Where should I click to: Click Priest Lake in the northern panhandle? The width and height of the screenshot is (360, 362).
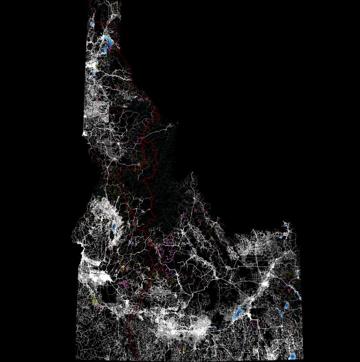[93, 21]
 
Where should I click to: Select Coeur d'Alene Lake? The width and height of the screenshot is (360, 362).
[93, 73]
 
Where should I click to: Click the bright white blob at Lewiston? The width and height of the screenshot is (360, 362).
[85, 134]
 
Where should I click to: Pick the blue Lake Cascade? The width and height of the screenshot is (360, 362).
[113, 228]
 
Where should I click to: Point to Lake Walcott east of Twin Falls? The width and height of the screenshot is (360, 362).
[213, 328]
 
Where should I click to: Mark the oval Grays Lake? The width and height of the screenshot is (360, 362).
[287, 306]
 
